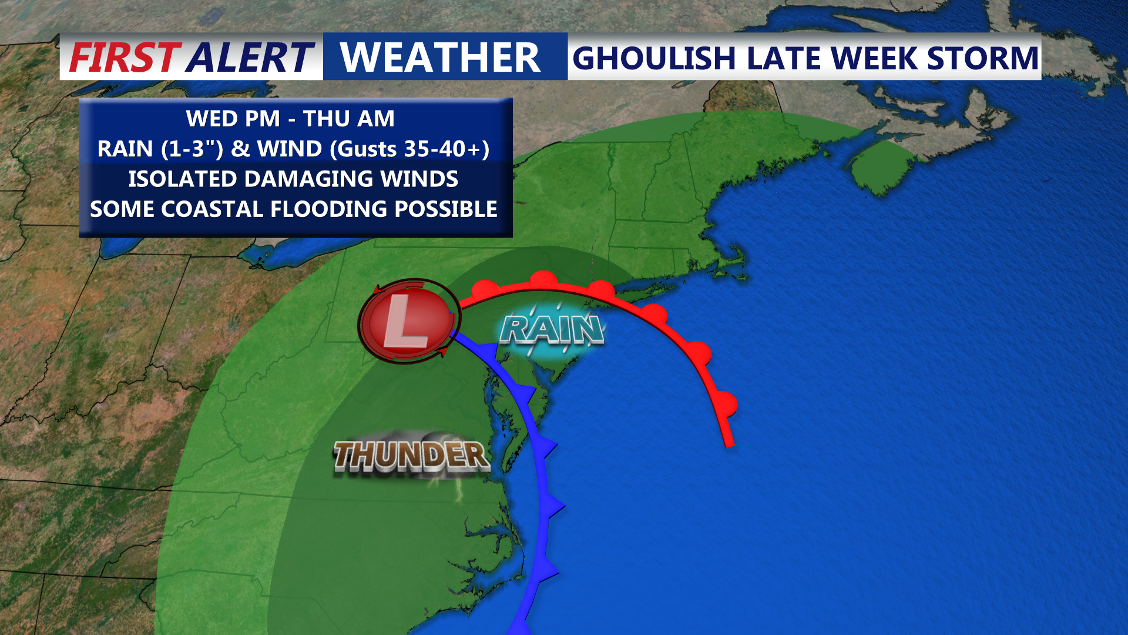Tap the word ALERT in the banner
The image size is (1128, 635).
(x=250, y=58)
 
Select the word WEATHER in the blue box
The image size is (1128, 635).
(x=440, y=58)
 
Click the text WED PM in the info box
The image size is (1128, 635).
(x=233, y=119)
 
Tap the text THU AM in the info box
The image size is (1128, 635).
(x=349, y=119)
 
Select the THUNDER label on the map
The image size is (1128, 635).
(x=411, y=456)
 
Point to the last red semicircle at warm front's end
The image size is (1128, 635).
(x=728, y=405)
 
